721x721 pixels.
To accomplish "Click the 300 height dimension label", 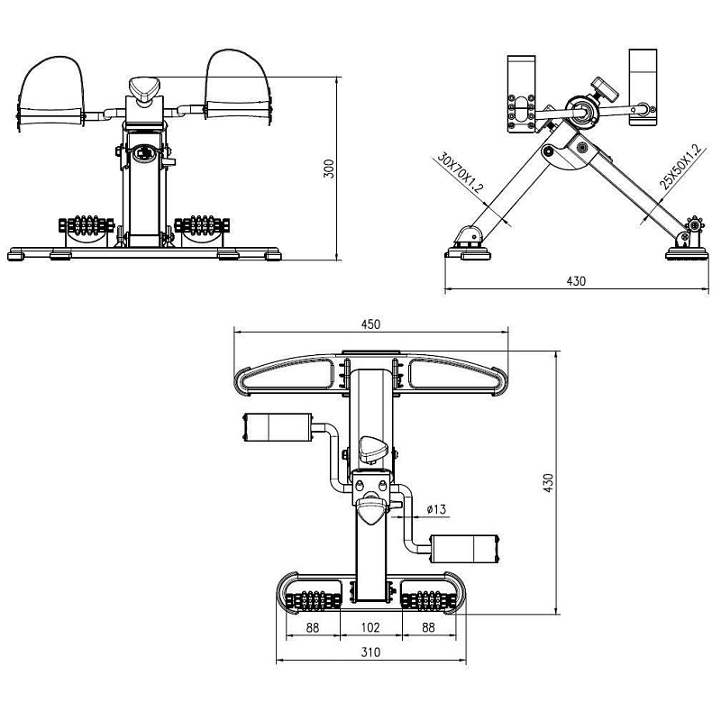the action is pyautogui.click(x=329, y=169).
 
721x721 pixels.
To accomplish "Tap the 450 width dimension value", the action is pyautogui.click(x=370, y=324).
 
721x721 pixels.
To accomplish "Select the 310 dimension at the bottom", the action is pyautogui.click(x=370, y=653).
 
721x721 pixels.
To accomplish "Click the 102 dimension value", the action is pyautogui.click(x=370, y=627).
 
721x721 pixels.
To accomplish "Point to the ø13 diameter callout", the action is pyautogui.click(x=436, y=509).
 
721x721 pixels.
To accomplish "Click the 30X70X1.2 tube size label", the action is pyautogui.click(x=461, y=172).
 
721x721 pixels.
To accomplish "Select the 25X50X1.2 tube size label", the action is pyautogui.click(x=682, y=167).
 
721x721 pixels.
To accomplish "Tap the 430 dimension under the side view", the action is pyautogui.click(x=576, y=281).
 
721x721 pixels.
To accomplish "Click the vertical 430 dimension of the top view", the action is pyautogui.click(x=548, y=483).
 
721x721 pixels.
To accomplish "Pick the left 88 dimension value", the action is pyautogui.click(x=313, y=627).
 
